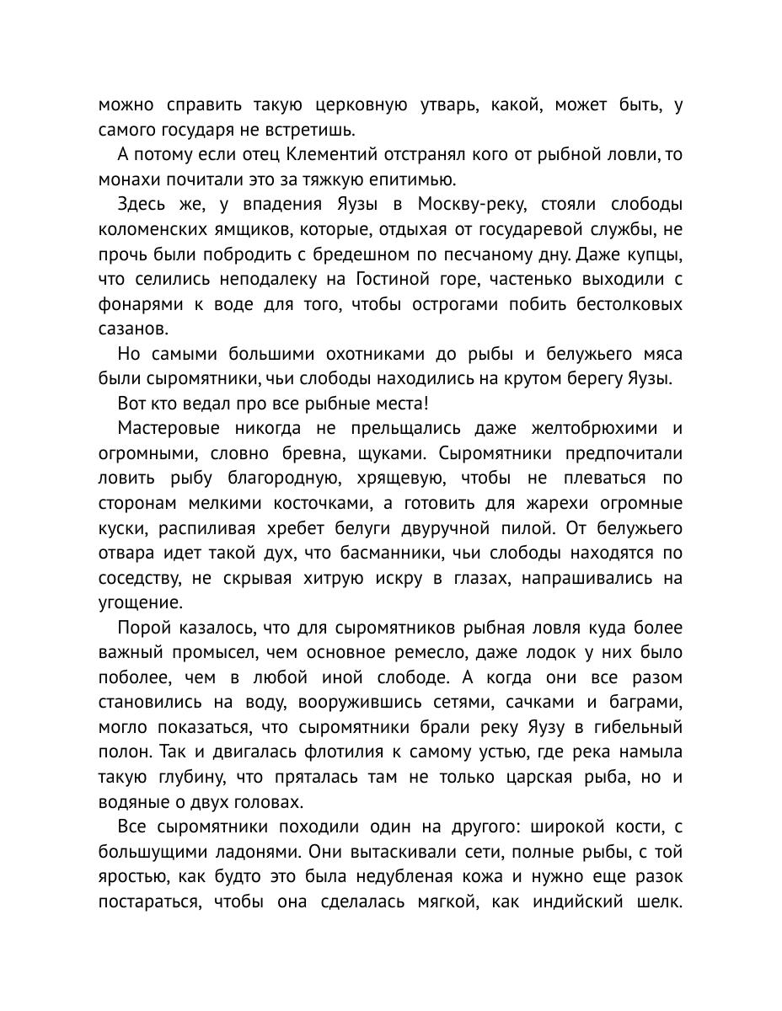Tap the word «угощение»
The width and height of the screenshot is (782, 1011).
point(139,603)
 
